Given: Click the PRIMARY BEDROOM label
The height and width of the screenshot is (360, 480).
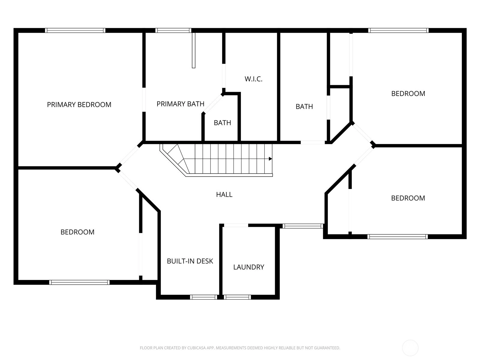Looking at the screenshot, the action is (x=79, y=105).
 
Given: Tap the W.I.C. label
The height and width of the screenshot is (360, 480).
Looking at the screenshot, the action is (x=253, y=79).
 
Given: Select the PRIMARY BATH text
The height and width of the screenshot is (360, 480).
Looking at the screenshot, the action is (x=180, y=104).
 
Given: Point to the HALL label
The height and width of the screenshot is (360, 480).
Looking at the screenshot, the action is (x=224, y=194).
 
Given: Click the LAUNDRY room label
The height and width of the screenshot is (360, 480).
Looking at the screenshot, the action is (x=249, y=267).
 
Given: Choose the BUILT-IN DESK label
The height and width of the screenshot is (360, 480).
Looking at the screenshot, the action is (x=190, y=261).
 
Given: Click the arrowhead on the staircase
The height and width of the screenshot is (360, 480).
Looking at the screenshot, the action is (x=270, y=159).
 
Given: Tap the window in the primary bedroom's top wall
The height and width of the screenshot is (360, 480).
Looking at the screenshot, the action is (x=75, y=30).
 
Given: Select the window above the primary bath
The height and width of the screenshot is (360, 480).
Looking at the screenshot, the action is (x=173, y=30).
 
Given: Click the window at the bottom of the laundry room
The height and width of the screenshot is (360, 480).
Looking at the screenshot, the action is (x=237, y=297).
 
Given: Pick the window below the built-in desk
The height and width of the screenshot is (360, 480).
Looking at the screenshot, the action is (x=204, y=297).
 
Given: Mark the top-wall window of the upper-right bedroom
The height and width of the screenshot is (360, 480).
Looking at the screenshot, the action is (x=398, y=30).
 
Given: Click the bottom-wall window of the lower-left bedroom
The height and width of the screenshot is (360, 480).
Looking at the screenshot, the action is (x=79, y=282).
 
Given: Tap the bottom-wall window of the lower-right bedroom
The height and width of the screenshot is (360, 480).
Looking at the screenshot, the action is (x=397, y=236).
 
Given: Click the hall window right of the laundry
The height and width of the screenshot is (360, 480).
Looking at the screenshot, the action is (x=303, y=226).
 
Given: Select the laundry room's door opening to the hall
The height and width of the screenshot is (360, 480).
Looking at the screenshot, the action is (x=236, y=225).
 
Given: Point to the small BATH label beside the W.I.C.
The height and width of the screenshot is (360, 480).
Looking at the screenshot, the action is (x=222, y=123).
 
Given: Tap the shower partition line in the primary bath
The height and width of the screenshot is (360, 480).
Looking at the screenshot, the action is (x=193, y=50).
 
